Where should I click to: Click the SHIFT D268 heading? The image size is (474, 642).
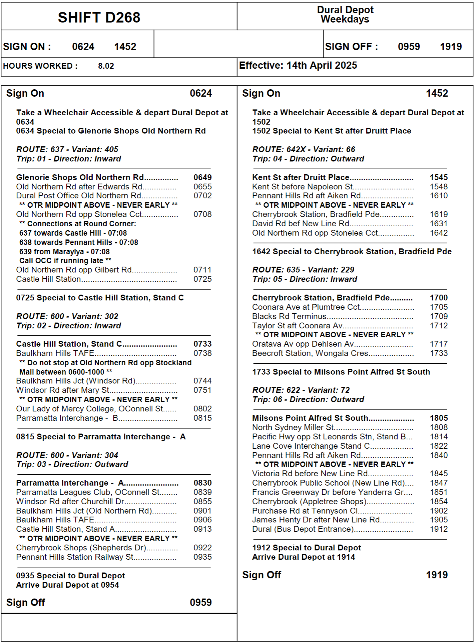(x=99, y=17)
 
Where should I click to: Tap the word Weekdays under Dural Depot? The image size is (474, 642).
(x=345, y=19)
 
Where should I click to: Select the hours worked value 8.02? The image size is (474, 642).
(x=106, y=66)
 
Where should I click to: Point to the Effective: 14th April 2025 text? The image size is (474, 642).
(x=298, y=65)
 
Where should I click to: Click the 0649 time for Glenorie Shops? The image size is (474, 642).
(x=202, y=177)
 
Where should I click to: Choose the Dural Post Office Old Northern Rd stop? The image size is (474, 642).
(x=79, y=196)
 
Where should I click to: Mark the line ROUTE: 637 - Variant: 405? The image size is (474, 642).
(x=67, y=149)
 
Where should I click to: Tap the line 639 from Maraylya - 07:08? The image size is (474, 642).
(x=64, y=252)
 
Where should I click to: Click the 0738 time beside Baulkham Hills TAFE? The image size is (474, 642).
(x=202, y=353)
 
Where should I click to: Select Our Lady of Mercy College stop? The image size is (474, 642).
(x=90, y=409)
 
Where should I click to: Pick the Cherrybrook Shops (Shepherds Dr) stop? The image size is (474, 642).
(x=81, y=548)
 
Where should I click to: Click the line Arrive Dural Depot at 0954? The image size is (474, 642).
(x=67, y=585)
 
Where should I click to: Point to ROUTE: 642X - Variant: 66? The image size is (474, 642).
(x=303, y=149)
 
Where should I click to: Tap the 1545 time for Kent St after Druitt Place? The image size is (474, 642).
(x=438, y=177)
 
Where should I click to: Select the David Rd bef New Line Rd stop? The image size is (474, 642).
(x=301, y=224)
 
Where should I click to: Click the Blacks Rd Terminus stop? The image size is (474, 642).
(x=289, y=316)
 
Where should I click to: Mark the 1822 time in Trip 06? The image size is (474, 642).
(x=438, y=446)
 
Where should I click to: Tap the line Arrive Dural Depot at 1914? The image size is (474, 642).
(x=303, y=557)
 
